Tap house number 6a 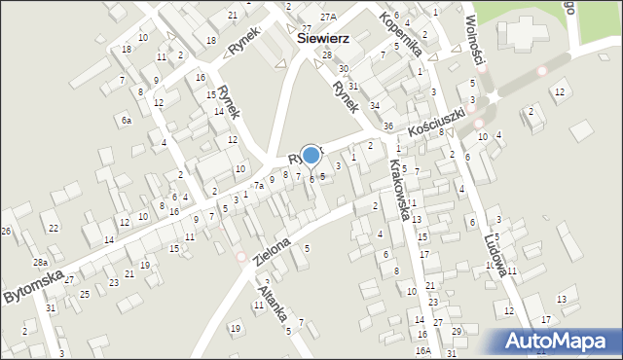pyautogui.click(x=127, y=120)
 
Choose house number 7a pyautogui.click(x=259, y=185)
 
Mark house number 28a pyautogui.click(x=40, y=263)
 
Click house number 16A pyautogui.click(x=422, y=350)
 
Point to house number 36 pyautogui.click(x=387, y=126)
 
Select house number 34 pyautogui.click(x=374, y=104)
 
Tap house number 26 pyautogui.click(x=6, y=231)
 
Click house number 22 pyautogui.click(x=54, y=228)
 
